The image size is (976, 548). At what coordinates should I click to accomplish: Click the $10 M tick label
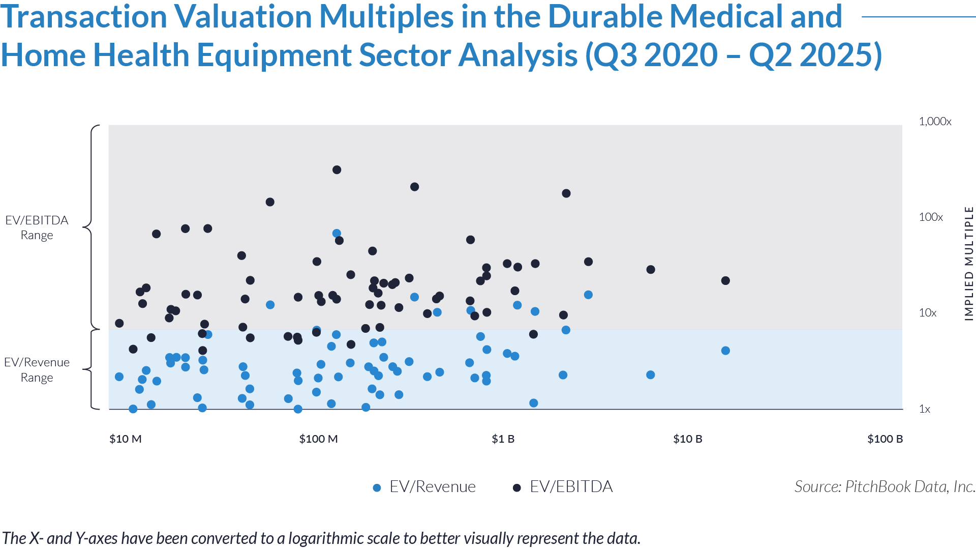coord(125,439)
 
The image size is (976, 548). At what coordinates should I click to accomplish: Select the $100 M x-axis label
coord(318,439)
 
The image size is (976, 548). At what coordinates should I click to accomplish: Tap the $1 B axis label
coord(503,439)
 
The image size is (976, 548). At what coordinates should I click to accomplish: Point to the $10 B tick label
coord(687,439)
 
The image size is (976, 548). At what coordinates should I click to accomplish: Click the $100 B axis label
coord(884,439)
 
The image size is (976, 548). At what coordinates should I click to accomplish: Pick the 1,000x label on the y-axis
coord(934,122)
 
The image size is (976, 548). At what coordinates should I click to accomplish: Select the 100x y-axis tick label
coord(930,217)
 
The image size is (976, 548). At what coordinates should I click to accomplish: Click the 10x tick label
coord(927,313)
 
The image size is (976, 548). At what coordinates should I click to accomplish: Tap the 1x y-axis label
coord(924,409)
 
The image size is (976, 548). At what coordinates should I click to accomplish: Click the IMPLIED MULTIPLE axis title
coord(969,264)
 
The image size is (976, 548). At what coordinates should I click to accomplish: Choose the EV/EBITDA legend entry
coord(563,487)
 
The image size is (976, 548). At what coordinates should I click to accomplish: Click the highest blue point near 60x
coord(337,234)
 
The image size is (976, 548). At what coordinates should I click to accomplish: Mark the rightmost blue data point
coord(588,295)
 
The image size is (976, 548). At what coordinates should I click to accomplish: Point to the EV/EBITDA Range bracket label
coord(37,227)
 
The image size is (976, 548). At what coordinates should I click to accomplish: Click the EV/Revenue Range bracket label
coord(37,370)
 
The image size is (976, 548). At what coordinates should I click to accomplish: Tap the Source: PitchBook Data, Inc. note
coord(884,487)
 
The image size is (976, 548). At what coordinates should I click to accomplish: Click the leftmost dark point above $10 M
coord(133,349)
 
